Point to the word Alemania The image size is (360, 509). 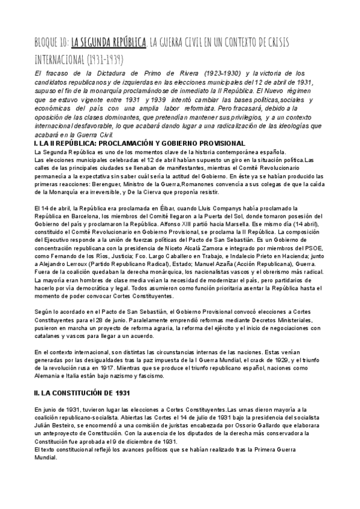49,360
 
